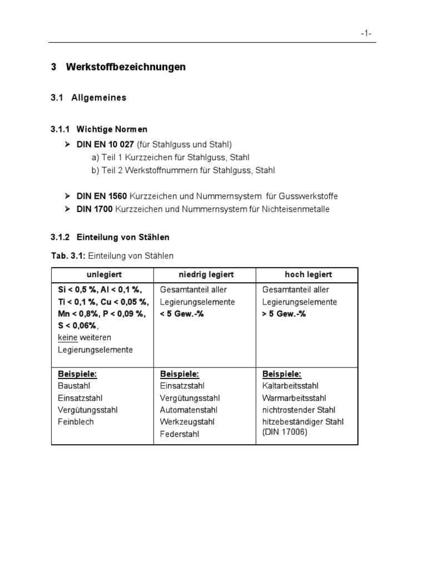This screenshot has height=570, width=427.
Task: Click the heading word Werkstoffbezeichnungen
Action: coord(126,67)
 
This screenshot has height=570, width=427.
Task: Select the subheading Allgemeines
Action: coord(98,98)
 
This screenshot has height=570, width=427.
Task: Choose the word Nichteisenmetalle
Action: coord(297,209)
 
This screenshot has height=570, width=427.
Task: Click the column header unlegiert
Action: coord(104,275)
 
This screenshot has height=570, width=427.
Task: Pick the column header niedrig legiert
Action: coord(206,275)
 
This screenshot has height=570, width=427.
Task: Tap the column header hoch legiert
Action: coord(308,275)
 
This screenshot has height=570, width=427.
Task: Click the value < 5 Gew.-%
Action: coord(182,314)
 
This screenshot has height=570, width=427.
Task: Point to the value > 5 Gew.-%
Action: coord(284,314)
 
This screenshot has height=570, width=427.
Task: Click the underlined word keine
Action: coord(68,338)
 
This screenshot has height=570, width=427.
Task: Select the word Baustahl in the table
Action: coord(74,386)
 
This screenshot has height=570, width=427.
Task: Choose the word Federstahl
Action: coord(179,434)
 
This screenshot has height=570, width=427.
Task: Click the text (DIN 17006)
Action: coord(285,432)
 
